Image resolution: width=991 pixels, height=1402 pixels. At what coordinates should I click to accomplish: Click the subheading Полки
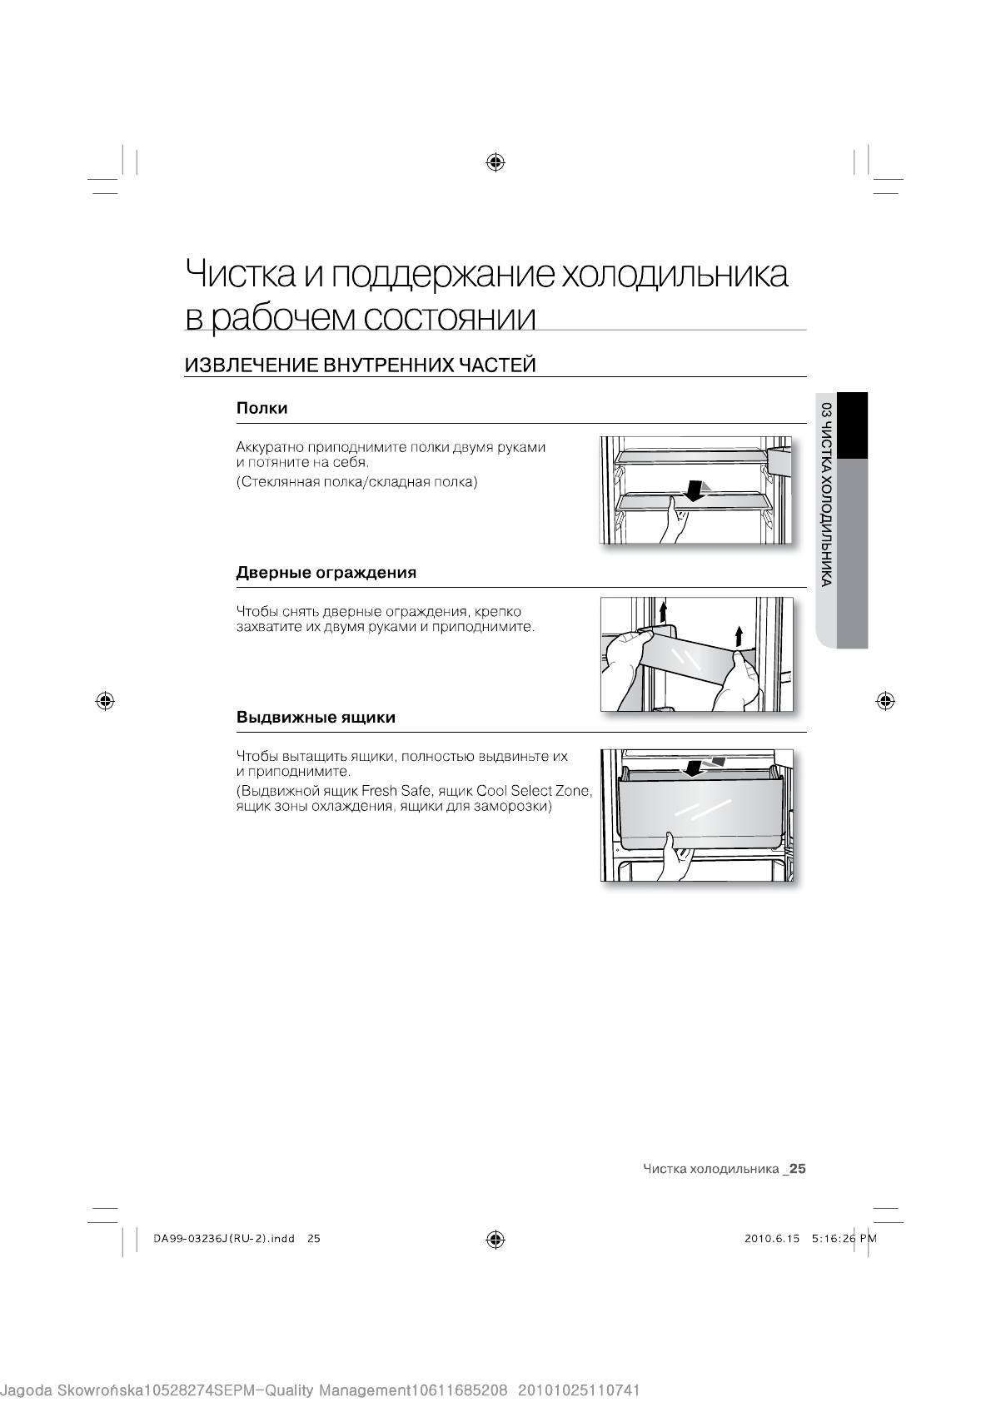261,408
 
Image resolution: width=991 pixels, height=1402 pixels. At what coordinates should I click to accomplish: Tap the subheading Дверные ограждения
326,573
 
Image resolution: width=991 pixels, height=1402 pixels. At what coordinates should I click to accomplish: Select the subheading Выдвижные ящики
316,717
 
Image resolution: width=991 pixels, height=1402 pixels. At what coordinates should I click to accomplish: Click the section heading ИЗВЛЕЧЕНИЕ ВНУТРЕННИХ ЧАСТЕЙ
359,365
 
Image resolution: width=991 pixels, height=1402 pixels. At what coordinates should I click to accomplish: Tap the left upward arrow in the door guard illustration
663,611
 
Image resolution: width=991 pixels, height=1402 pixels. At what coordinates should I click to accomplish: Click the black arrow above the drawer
691,765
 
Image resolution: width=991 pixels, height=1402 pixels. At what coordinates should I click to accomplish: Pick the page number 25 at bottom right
798,1168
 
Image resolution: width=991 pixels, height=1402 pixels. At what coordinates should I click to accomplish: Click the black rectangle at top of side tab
852,425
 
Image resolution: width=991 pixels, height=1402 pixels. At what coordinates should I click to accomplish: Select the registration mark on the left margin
105,700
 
